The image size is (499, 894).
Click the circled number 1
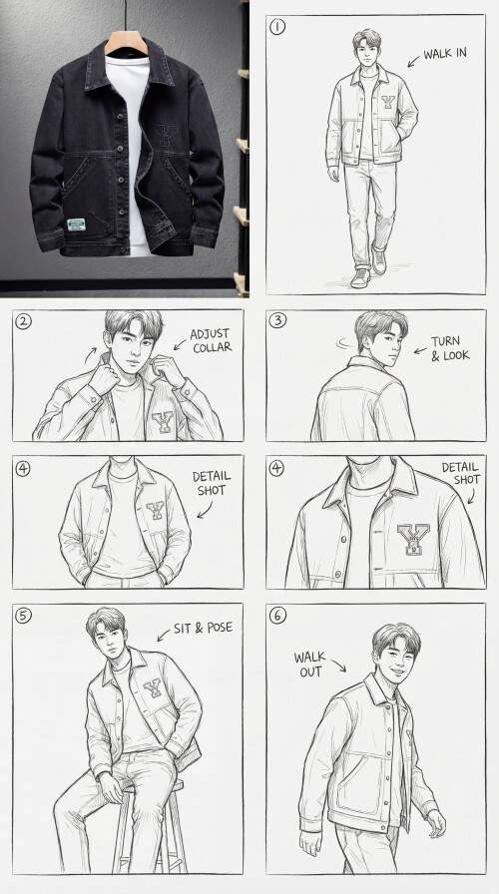(x=277, y=27)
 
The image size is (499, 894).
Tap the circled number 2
(x=23, y=321)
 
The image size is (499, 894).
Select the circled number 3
(x=277, y=320)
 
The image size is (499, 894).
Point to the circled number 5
(x=23, y=616)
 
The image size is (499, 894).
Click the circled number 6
(x=277, y=616)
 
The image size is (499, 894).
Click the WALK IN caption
(x=445, y=54)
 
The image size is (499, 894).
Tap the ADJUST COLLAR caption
(x=212, y=340)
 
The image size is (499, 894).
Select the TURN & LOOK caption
(x=450, y=348)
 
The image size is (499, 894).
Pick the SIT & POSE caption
(x=203, y=628)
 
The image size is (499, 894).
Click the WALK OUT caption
(x=309, y=665)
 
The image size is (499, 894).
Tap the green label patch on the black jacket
(x=76, y=224)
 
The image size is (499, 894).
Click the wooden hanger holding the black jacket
(x=126, y=41)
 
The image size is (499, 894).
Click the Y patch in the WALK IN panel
(x=388, y=102)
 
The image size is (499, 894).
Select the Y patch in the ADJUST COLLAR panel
(x=163, y=422)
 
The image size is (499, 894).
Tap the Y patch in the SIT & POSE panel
(x=153, y=688)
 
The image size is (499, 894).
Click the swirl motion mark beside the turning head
(x=344, y=343)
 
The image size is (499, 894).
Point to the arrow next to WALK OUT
(x=338, y=666)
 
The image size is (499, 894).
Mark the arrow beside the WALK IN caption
(x=413, y=61)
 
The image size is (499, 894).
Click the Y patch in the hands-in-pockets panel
(x=155, y=510)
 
